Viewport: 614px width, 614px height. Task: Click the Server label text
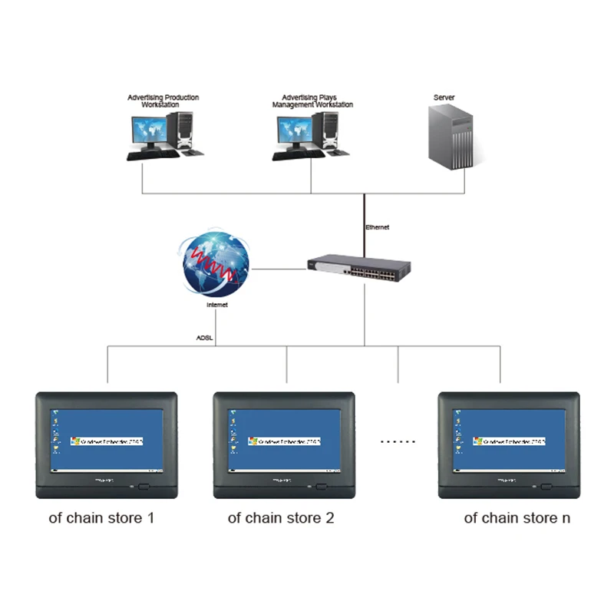click(x=444, y=97)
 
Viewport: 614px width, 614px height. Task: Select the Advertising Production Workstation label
click(x=163, y=101)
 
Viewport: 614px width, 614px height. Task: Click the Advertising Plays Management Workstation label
click(x=312, y=101)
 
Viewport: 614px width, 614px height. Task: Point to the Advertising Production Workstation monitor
click(x=149, y=131)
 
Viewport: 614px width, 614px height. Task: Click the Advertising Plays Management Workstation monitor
click(x=294, y=131)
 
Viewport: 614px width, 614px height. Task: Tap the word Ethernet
click(x=377, y=227)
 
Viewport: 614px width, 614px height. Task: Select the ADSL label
click(x=204, y=337)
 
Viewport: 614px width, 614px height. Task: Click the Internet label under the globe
click(x=217, y=305)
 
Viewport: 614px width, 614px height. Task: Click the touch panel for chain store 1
click(x=107, y=444)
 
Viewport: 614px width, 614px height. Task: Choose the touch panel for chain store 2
click(x=284, y=444)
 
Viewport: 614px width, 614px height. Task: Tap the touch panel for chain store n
click(x=508, y=444)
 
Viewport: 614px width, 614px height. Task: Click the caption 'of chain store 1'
click(x=101, y=517)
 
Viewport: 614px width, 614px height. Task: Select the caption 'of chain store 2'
click(x=281, y=517)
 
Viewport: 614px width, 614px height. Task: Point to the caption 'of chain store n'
click(x=517, y=517)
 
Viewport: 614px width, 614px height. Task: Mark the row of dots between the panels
click(x=398, y=442)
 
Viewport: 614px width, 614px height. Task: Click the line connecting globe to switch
click(x=277, y=269)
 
